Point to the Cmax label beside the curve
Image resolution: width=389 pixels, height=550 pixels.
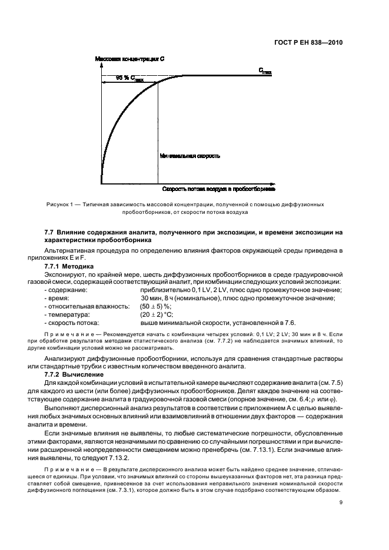point(265,71)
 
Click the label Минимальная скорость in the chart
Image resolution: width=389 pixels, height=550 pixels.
point(190,156)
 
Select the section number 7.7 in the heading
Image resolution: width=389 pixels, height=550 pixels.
point(49,233)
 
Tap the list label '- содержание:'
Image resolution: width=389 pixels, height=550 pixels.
point(65,290)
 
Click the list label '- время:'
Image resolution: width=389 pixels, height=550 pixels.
point(58,299)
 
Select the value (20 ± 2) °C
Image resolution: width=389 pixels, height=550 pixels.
point(156,315)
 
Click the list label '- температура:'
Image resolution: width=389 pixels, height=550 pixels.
point(68,315)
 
